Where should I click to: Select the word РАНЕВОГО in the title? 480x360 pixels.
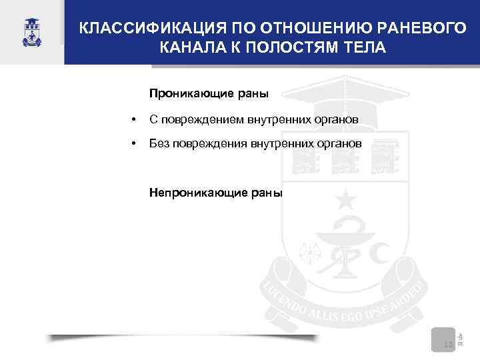417,29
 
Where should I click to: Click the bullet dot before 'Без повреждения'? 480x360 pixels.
135,143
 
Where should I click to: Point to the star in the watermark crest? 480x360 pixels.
345,199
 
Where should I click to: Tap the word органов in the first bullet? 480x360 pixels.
339,119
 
